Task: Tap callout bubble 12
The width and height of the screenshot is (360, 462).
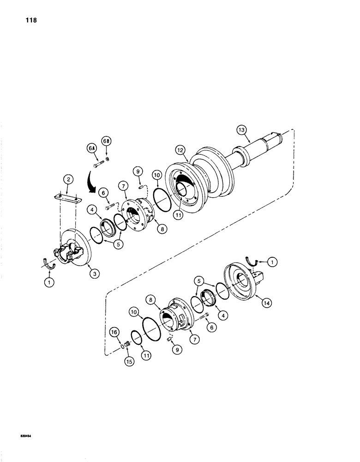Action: (x=180, y=150)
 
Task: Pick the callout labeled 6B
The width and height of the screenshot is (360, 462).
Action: (x=106, y=142)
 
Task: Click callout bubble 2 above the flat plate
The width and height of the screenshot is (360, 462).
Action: (x=67, y=179)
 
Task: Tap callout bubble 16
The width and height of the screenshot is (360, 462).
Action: (x=114, y=332)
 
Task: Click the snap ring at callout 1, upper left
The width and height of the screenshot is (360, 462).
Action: (x=49, y=263)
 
